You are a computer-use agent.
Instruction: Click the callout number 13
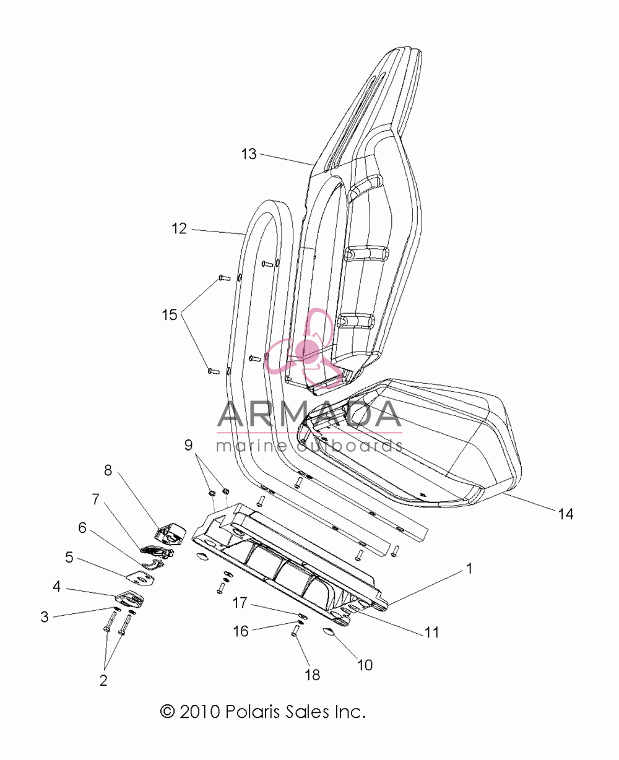[x=249, y=154]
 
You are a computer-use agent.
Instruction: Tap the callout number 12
[x=179, y=229]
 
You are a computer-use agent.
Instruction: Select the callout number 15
[x=170, y=314]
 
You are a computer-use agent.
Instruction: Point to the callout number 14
[x=566, y=514]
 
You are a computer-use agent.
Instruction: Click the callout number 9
[x=188, y=445]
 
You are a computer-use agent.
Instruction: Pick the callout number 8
[x=108, y=470]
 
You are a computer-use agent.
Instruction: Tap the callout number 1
[x=470, y=568]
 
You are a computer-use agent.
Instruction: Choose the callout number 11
[x=431, y=633]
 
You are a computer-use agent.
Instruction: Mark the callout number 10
[x=365, y=665]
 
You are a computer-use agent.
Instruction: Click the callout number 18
[x=313, y=675]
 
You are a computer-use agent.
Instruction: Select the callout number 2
[x=103, y=680]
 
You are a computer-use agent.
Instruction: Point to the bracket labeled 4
[x=130, y=600]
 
